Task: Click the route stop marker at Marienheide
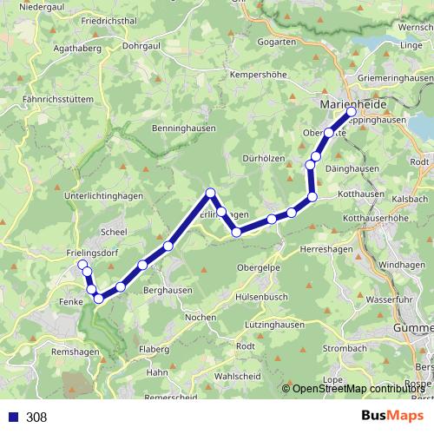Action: (x=351, y=114)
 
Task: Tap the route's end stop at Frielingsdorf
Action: (x=82, y=265)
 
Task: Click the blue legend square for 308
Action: (x=13, y=417)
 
